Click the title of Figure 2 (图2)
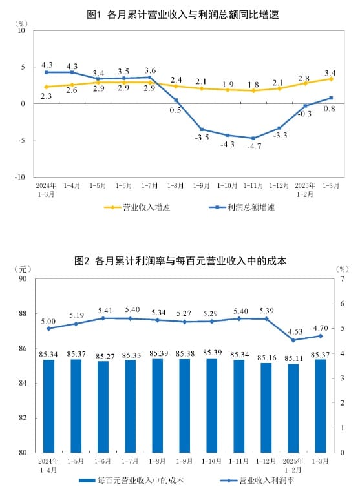(180, 262)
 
